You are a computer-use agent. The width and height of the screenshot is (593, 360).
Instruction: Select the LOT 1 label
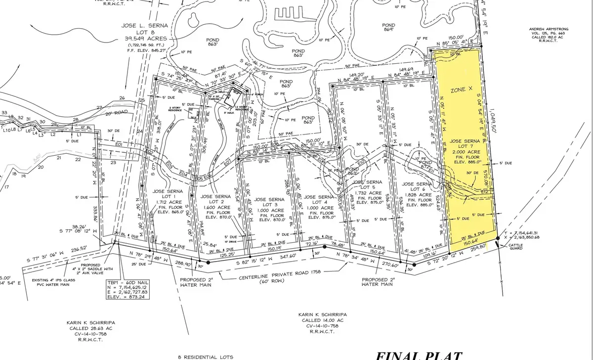click(x=168, y=197)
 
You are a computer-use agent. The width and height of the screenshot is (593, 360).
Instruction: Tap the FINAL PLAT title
click(x=419, y=355)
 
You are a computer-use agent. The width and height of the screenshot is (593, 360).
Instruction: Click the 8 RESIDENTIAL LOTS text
click(x=206, y=356)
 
